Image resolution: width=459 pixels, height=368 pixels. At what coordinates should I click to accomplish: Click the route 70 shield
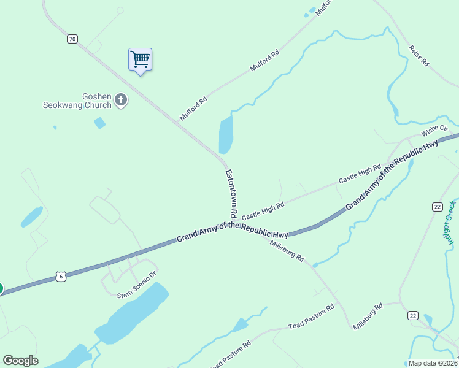[x=72, y=39]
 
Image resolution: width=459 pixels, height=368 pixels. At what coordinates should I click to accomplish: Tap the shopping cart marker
[x=141, y=59]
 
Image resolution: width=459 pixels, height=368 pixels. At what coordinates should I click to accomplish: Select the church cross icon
[x=121, y=99]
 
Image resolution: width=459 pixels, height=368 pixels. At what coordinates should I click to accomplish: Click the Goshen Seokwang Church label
[x=77, y=101]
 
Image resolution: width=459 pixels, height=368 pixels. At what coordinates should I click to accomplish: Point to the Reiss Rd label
[x=419, y=55]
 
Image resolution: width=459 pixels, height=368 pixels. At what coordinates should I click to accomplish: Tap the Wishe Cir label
[x=434, y=131]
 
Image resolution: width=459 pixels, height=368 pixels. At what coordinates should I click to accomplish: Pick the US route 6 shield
[x=60, y=277]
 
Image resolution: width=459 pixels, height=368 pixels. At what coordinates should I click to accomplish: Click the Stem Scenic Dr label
[x=137, y=287]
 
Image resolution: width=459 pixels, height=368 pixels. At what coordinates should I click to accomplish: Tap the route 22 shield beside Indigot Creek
[x=437, y=207]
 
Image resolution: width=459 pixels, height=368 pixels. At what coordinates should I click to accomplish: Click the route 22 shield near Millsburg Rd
[x=413, y=315]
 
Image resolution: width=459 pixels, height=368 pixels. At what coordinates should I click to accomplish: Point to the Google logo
[x=20, y=361]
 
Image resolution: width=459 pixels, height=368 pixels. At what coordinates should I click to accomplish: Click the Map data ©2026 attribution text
[x=432, y=363]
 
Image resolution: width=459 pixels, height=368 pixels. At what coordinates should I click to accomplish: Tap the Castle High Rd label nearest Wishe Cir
[x=360, y=174]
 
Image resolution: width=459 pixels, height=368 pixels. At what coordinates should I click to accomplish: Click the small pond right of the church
[x=99, y=123]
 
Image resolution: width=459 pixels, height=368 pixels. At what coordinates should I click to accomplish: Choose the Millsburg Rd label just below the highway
[x=287, y=250]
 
